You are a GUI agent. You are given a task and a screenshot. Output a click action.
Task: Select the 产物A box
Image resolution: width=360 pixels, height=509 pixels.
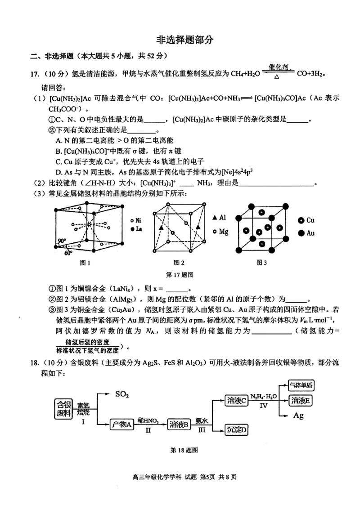coord(121,424)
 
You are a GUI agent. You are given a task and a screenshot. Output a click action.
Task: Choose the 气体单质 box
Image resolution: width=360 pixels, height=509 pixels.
coord(301,385)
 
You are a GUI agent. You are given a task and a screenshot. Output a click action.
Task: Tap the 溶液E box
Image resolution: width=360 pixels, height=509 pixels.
coord(301,401)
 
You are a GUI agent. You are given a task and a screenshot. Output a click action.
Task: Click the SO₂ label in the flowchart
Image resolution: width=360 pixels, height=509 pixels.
coord(122,394)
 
